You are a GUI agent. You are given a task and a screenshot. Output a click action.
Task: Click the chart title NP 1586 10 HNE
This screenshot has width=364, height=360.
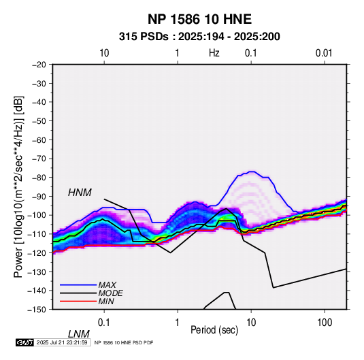point(199,19)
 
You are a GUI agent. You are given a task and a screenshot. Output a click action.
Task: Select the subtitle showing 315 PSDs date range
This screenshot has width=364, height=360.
point(199,37)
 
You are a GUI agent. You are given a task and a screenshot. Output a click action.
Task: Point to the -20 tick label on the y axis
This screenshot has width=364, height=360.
point(39,65)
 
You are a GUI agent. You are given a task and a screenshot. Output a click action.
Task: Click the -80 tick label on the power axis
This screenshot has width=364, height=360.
point(39,178)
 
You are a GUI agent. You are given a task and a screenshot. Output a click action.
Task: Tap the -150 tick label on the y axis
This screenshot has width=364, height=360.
point(37,310)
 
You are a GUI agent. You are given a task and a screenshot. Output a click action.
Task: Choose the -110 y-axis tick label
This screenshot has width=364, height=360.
point(37,234)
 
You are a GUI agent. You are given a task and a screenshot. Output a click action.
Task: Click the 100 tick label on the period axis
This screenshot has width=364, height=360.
point(325,323)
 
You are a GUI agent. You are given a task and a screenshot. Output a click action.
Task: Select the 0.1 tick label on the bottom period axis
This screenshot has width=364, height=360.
point(104,323)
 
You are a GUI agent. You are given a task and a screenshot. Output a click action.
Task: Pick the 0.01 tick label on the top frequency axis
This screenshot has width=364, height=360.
point(324,53)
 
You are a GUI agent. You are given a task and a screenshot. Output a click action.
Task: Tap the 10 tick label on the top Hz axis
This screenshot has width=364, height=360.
point(104,53)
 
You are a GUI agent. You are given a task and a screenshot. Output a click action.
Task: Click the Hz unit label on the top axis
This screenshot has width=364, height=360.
point(214,53)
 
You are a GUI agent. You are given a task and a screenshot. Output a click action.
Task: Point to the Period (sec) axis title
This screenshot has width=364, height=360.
point(214,330)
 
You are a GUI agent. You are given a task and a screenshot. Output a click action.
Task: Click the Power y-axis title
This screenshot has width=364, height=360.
point(18,187)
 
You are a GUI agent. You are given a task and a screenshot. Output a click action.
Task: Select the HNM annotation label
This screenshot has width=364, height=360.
point(80,193)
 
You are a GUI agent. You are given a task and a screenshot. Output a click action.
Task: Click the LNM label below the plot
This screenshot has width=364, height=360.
point(78,334)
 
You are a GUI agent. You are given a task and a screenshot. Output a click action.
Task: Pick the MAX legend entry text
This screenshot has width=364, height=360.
point(107,285)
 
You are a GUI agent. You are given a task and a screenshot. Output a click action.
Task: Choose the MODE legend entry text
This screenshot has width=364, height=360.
point(110,293)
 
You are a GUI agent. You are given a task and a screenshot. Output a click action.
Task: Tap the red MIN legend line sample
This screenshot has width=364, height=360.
point(78,301)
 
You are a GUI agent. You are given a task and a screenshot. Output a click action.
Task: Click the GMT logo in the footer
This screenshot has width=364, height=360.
point(25,342)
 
